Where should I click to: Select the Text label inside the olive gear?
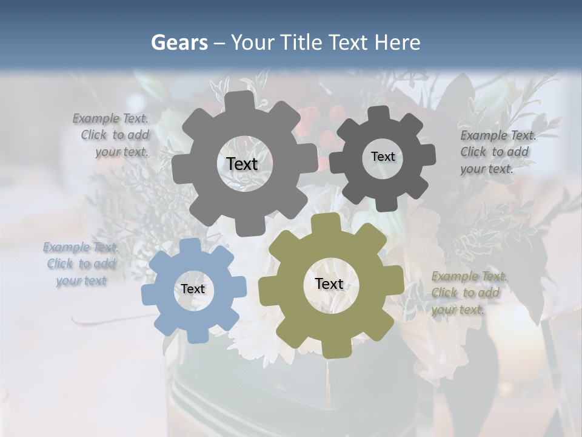coord(329,283)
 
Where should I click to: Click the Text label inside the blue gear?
coord(193,289)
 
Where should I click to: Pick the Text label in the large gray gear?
coord(242,164)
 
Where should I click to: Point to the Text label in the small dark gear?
coord(383,157)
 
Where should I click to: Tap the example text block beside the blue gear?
coord(81,264)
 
